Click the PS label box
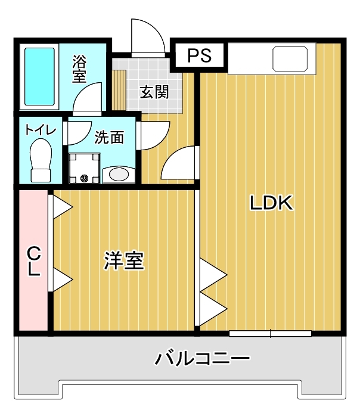click(x=200, y=56)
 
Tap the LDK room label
click(x=271, y=203)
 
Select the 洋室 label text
click(x=125, y=260)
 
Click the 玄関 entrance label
click(x=154, y=92)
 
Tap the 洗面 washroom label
click(x=109, y=138)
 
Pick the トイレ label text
click(x=41, y=129)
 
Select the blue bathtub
click(x=40, y=75)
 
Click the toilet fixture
click(x=41, y=160)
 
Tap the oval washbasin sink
click(x=119, y=175)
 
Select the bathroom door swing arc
click(x=88, y=98)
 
